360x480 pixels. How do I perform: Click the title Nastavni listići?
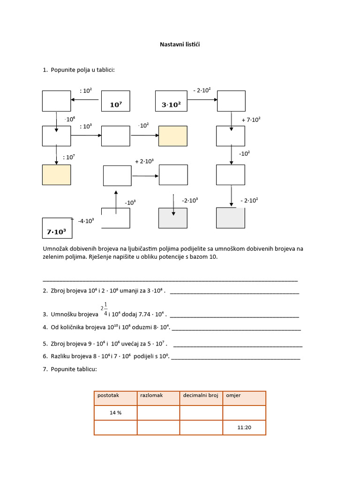pos(180,44)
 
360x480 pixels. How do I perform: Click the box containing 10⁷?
pos(116,101)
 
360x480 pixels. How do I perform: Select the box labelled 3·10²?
pos(171,101)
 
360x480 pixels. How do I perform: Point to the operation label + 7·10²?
pos(251,120)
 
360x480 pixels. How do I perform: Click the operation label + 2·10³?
pos(144,162)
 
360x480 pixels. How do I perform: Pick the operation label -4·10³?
pos(86,220)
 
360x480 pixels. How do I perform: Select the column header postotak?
pos(108,396)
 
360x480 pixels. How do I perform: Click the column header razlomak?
pos(151,396)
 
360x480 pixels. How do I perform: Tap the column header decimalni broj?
pos(201,396)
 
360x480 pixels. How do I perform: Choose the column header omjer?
pos(233,396)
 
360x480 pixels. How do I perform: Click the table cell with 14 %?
pos(115,413)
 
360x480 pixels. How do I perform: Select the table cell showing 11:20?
pos(244,427)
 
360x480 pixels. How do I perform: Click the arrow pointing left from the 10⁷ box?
pos(84,99)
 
